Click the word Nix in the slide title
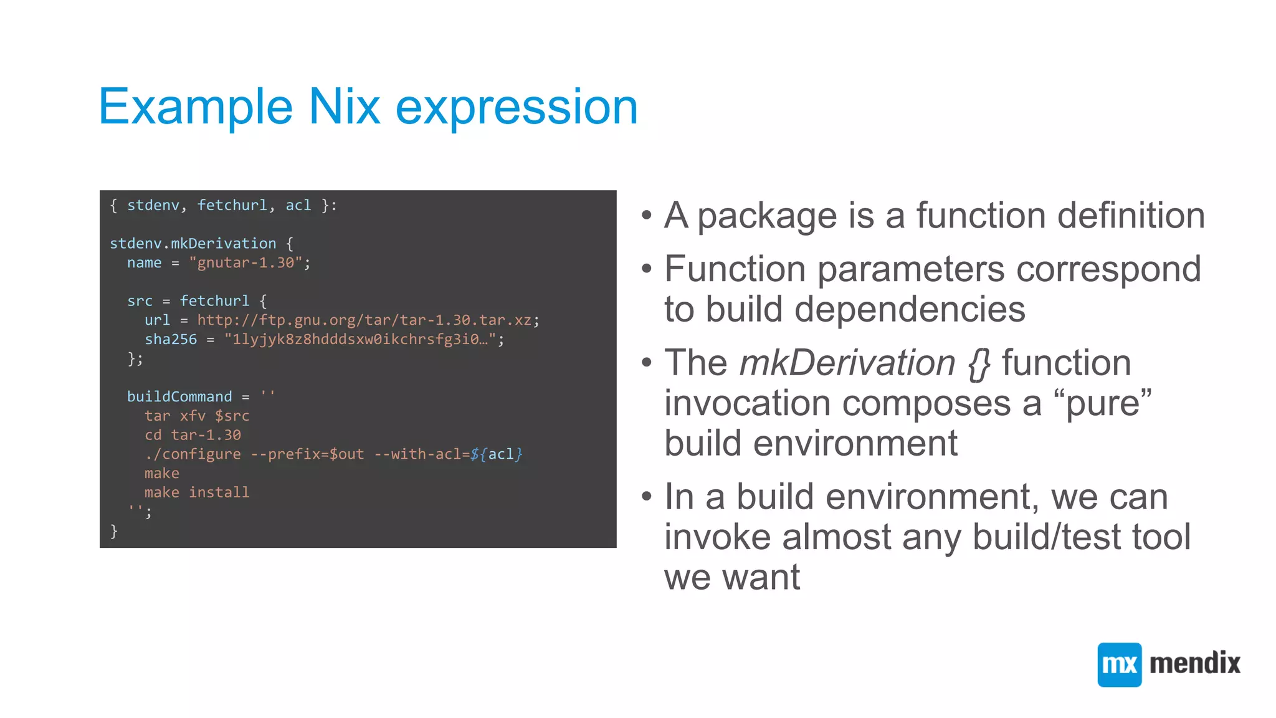(344, 107)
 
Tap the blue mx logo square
(1119, 664)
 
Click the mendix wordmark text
(1194, 663)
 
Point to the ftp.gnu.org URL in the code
(364, 320)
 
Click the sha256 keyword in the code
(170, 340)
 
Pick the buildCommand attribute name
(179, 397)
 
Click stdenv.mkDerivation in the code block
(193, 244)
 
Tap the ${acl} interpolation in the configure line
(497, 454)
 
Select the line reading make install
(196, 493)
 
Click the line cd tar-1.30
(193, 435)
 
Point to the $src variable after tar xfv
(232, 416)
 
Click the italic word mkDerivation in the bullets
(847, 363)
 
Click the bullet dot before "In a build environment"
(647, 497)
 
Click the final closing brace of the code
(113, 531)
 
